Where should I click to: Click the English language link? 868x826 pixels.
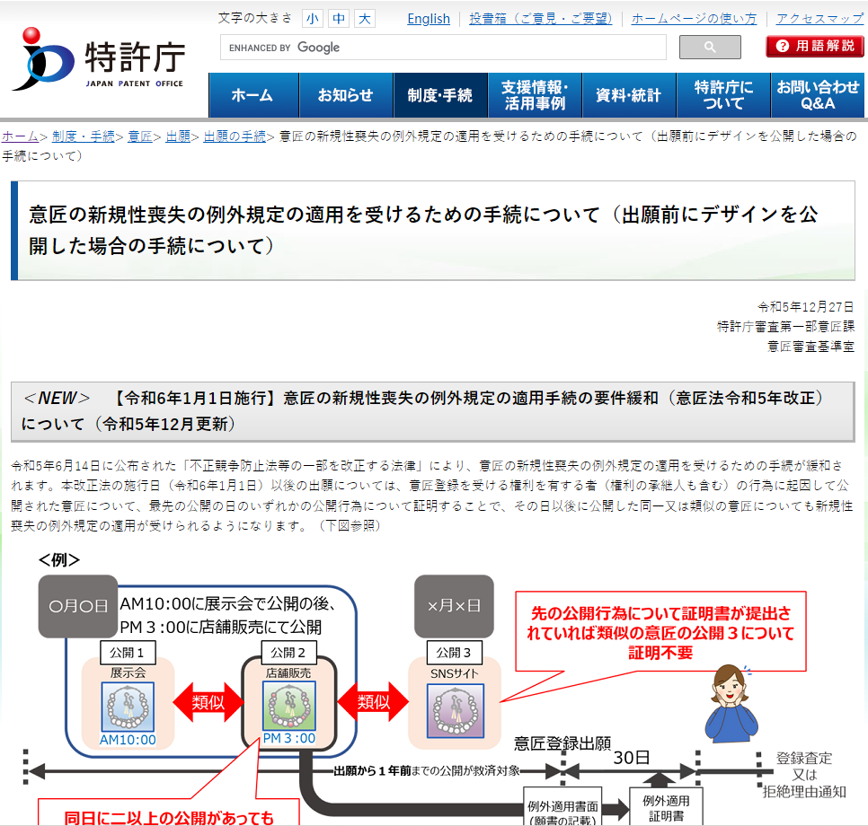click(429, 19)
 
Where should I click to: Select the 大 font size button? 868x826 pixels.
click(364, 19)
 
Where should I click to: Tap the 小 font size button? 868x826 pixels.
click(312, 19)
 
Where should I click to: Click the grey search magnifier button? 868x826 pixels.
click(710, 47)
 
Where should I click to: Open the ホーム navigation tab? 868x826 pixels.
click(253, 95)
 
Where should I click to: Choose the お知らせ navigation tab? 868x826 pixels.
click(346, 95)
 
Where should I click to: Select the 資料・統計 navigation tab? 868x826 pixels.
click(629, 95)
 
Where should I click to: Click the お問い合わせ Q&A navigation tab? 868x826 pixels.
click(818, 95)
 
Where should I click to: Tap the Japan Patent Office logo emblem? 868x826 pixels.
click(42, 59)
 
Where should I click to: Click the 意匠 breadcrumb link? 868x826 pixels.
click(139, 136)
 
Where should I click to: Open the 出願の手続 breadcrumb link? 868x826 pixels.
click(235, 136)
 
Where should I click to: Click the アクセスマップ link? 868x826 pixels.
click(819, 19)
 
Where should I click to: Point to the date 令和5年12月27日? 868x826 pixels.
click(805, 306)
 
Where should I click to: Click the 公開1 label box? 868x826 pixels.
click(128, 653)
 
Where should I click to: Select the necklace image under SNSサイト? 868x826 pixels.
click(455, 711)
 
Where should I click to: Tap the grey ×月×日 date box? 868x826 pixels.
click(454, 606)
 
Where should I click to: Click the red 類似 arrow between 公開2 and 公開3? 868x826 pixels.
click(373, 702)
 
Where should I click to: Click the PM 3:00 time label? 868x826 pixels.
click(289, 738)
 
